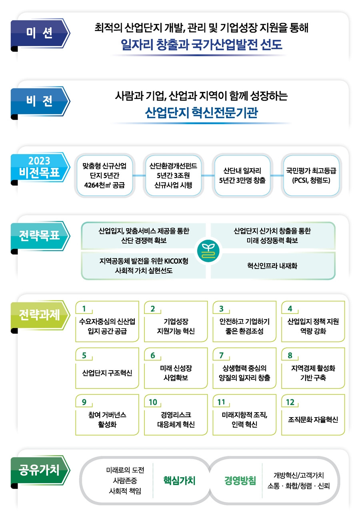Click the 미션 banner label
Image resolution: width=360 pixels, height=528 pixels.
(x=39, y=33)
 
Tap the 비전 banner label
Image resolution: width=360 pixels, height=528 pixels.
(x=39, y=101)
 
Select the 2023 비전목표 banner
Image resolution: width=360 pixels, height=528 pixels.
(x=39, y=167)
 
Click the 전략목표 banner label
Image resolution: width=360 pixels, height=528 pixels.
(x=39, y=235)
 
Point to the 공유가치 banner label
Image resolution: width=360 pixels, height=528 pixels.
(x=39, y=470)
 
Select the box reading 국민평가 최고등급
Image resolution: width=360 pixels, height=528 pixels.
(x=311, y=176)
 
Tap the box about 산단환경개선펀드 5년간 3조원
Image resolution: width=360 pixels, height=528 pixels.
(x=173, y=176)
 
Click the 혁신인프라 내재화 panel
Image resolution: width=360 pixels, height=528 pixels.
(x=272, y=266)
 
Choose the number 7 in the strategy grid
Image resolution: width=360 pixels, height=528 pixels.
(x=221, y=355)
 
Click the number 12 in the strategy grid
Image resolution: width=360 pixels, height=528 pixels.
(x=290, y=402)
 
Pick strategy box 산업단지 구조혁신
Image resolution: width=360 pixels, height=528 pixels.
(x=107, y=373)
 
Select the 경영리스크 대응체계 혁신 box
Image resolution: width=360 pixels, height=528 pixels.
(x=176, y=420)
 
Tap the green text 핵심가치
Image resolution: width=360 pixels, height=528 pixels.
(x=179, y=480)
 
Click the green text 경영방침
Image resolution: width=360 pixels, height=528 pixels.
(x=240, y=480)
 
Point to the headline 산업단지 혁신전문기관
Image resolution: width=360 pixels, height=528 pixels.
(x=201, y=112)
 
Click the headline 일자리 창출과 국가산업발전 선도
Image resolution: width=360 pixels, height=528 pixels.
(x=201, y=44)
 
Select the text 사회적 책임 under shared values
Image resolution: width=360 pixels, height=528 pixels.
(x=125, y=491)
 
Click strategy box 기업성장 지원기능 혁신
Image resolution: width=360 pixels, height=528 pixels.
(x=176, y=326)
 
